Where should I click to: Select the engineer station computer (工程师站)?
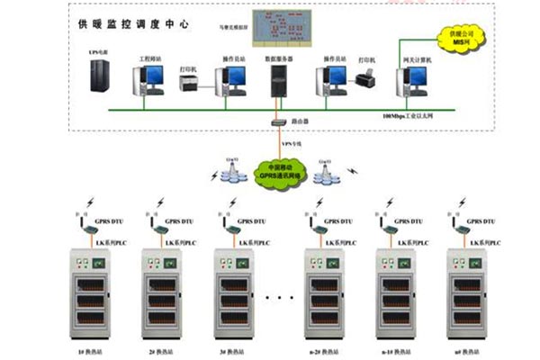tap(150, 80)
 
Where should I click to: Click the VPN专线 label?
tap(290, 143)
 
